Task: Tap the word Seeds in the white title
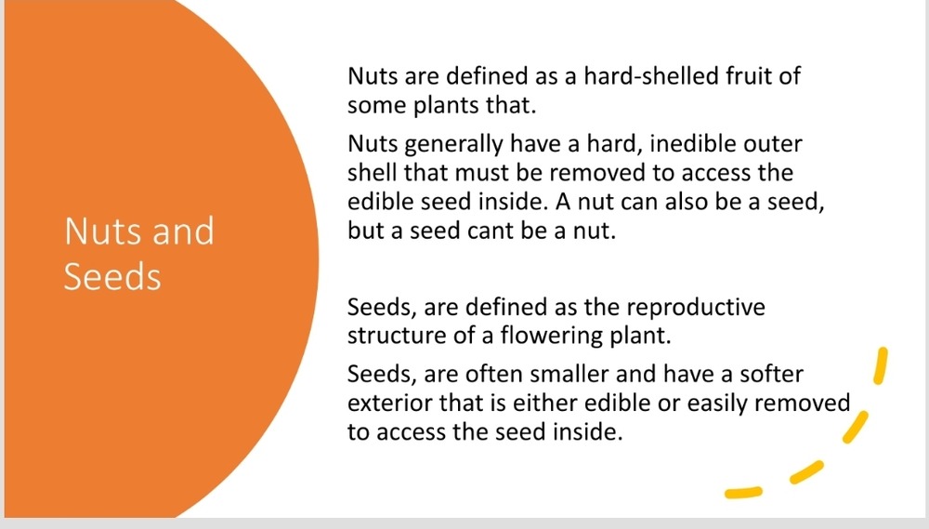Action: tap(112, 277)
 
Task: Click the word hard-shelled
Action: tap(650, 76)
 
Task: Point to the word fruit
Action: tap(747, 76)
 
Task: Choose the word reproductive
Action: tap(696, 308)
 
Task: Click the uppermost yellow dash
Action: tap(881, 365)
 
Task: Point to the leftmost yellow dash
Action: tap(743, 492)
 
